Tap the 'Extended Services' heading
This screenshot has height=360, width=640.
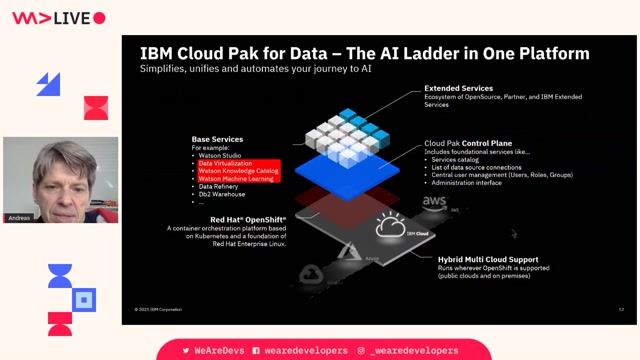[x=458, y=88]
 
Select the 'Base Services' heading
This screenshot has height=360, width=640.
[x=217, y=139]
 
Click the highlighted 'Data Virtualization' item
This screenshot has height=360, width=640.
[x=225, y=163]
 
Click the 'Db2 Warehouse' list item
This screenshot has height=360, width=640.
[x=221, y=194]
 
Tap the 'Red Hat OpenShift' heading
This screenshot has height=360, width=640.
[x=248, y=219]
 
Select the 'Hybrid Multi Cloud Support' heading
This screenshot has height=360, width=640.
[x=487, y=259]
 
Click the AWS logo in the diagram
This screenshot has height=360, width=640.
[x=434, y=201]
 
